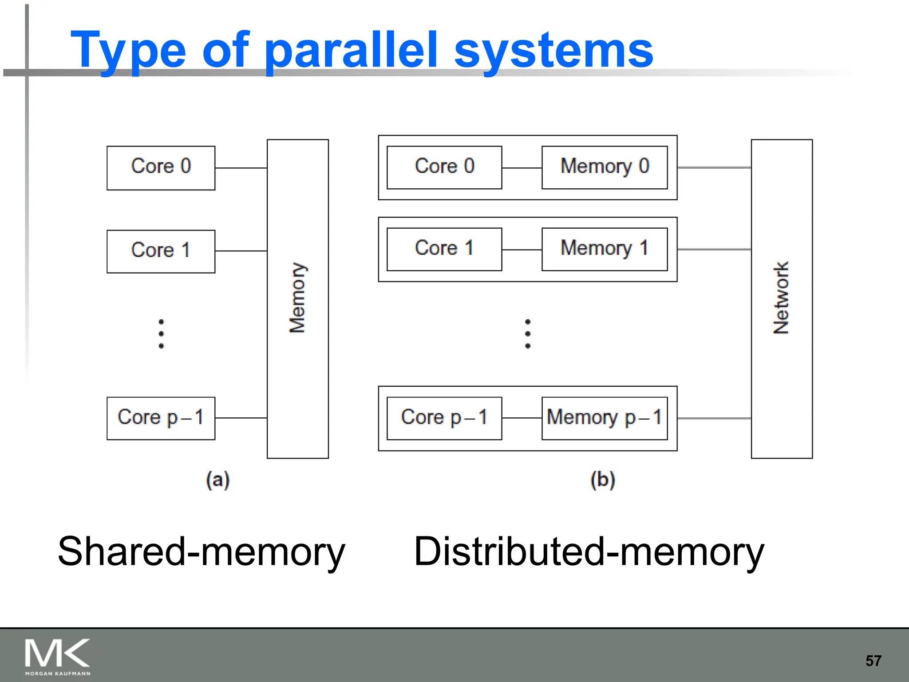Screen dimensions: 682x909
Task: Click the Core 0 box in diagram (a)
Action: click(x=161, y=168)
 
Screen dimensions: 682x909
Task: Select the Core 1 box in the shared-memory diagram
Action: click(x=161, y=251)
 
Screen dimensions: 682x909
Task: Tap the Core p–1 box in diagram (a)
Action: click(x=161, y=418)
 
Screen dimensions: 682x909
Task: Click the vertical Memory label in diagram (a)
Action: click(x=297, y=298)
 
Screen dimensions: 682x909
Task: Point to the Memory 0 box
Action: click(x=605, y=167)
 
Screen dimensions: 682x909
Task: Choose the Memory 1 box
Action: click(x=605, y=249)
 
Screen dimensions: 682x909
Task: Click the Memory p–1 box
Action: click(x=605, y=418)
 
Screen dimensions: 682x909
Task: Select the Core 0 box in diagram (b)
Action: click(x=444, y=167)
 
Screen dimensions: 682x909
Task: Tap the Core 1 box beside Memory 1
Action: click(x=444, y=249)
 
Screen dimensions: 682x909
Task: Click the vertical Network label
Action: click(x=781, y=298)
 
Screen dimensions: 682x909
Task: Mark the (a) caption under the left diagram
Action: click(x=217, y=480)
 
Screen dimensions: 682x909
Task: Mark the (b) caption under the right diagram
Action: click(x=602, y=480)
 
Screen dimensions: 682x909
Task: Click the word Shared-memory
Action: click(x=201, y=552)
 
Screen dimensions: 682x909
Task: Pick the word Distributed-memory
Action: click(x=589, y=552)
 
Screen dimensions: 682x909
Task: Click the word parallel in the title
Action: click(x=351, y=51)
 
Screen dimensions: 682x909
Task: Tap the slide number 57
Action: click(x=873, y=661)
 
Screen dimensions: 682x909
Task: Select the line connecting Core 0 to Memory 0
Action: click(x=522, y=168)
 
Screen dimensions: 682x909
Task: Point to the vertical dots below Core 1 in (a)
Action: click(x=161, y=333)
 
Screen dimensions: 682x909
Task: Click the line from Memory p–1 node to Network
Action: click(x=714, y=418)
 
